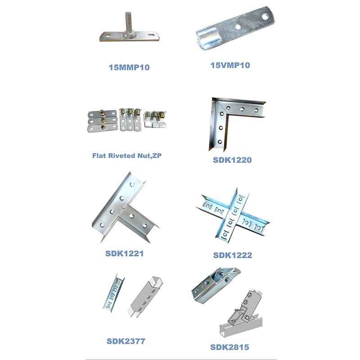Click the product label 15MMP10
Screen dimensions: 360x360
129,67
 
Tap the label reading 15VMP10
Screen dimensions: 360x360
230,65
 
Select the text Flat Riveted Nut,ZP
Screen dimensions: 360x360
127,156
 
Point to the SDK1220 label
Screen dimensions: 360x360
232,160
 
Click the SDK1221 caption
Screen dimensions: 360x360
125,253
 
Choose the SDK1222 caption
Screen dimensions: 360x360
233,255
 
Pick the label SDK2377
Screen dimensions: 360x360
126,341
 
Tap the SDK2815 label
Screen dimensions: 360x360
229,347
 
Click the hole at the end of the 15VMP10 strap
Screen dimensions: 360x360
265,16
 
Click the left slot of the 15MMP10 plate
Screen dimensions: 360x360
108,36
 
